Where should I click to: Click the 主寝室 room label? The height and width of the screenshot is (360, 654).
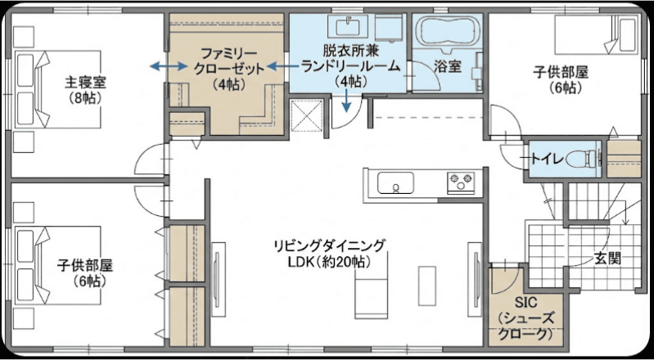[85, 90]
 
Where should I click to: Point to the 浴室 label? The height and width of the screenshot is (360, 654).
[448, 67]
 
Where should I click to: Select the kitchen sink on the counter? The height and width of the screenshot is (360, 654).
[395, 183]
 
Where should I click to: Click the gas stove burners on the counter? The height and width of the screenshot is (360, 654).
[461, 183]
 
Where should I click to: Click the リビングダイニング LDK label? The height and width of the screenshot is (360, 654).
[328, 254]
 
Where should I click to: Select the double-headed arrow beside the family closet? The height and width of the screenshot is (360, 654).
[169, 66]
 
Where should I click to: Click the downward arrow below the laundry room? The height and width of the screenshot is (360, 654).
[345, 101]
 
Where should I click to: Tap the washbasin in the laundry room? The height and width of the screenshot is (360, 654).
[350, 27]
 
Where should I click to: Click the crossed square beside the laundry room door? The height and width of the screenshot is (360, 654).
[306, 115]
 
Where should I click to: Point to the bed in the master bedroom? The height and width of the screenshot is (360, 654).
[58, 89]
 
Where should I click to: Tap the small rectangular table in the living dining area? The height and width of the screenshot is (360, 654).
[427, 281]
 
